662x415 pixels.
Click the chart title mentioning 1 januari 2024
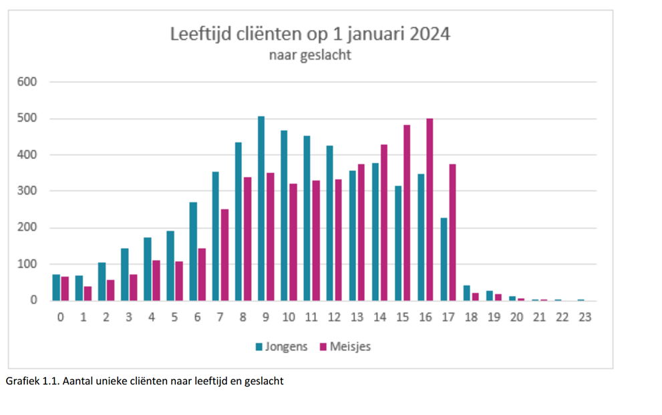click(x=310, y=33)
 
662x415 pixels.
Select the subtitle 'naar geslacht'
click(x=310, y=55)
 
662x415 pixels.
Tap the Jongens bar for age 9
click(x=261, y=209)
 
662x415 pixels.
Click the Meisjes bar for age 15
click(x=407, y=213)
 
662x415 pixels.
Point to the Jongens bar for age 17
click(x=444, y=259)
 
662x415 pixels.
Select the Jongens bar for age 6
click(x=193, y=251)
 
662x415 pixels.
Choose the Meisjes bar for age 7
click(x=224, y=255)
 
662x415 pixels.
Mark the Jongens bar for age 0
click(x=57, y=287)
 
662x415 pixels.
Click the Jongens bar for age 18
click(x=467, y=293)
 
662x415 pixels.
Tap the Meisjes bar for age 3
click(x=134, y=287)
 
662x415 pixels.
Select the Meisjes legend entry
click(x=345, y=347)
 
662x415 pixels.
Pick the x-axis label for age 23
click(x=585, y=317)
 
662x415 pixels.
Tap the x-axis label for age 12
click(x=334, y=317)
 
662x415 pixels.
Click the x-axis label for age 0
click(x=61, y=317)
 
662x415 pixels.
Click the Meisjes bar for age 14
click(x=384, y=223)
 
